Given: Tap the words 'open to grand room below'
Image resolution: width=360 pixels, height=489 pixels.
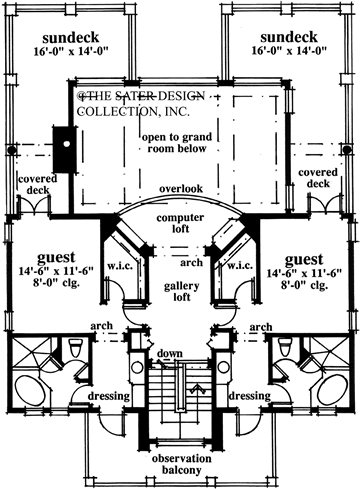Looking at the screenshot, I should (173, 142).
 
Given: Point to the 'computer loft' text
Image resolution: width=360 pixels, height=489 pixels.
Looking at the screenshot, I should (180, 223).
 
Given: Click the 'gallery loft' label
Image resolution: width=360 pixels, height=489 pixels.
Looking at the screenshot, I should (180, 290).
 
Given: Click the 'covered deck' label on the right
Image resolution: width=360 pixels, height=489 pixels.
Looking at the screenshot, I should (317, 179).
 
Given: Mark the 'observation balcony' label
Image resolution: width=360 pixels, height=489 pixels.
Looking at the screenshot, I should (180, 462).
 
